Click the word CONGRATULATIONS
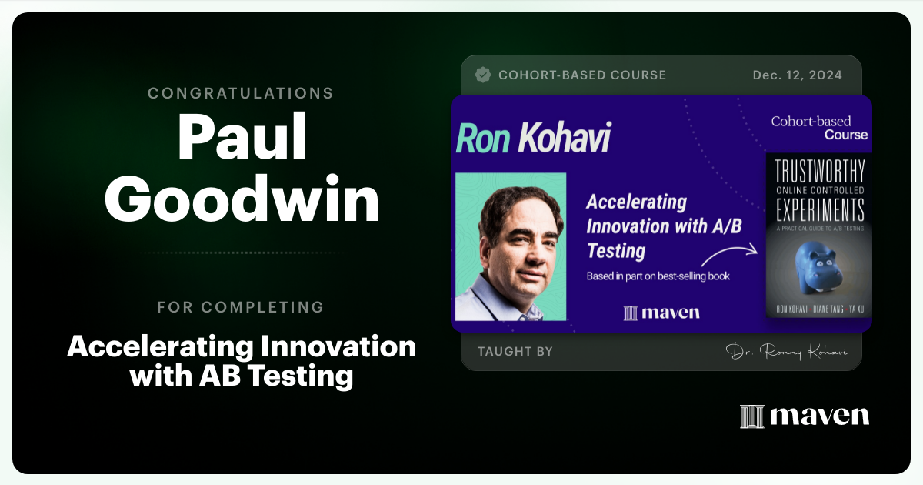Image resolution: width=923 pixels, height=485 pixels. (x=241, y=93)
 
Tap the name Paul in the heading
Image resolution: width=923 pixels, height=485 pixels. (x=242, y=138)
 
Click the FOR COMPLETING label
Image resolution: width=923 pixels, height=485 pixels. (x=241, y=307)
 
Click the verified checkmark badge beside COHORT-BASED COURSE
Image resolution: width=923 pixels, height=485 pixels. (x=483, y=75)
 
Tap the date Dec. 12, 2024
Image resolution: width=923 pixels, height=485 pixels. (x=797, y=75)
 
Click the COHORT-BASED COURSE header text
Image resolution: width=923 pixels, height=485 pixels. (x=582, y=75)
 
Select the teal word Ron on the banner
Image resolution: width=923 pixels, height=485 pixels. (x=483, y=138)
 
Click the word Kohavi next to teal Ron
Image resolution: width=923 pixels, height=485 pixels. (x=564, y=138)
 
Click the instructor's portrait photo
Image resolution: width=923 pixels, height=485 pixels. (x=511, y=246)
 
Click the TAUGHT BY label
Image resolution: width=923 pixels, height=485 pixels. (x=515, y=351)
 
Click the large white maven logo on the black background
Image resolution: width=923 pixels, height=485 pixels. (x=805, y=416)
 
